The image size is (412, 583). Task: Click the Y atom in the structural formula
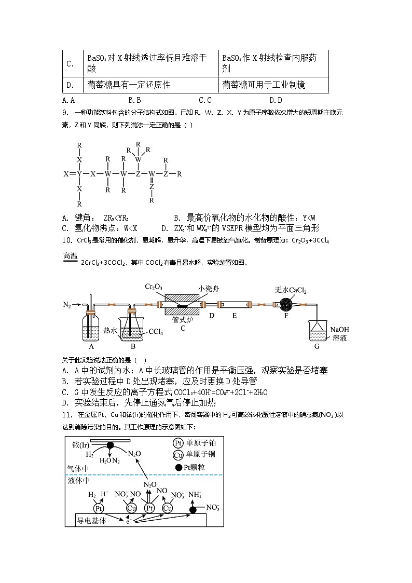coord(79,174)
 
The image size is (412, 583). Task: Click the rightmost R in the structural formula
coord(179,174)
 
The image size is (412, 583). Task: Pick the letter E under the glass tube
coord(234,315)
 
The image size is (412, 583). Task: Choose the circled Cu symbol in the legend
coord(178,455)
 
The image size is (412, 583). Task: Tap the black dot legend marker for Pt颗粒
coord(179,468)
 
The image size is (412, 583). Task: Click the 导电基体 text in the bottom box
coord(92,520)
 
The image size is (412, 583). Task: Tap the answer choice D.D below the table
coord(276,100)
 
